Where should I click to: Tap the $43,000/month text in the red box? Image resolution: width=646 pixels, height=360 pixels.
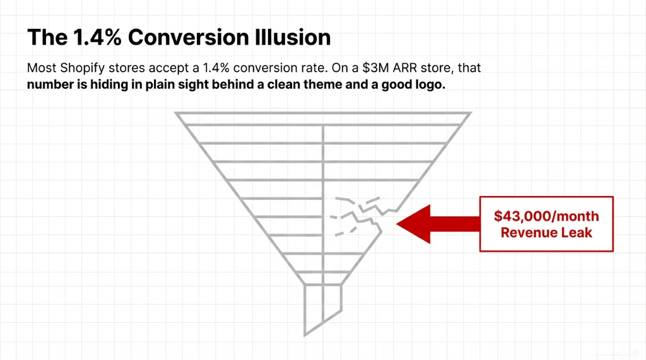(546, 216)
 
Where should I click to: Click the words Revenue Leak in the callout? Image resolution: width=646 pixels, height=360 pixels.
(546, 232)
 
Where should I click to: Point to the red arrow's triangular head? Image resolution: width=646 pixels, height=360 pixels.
(413, 223)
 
